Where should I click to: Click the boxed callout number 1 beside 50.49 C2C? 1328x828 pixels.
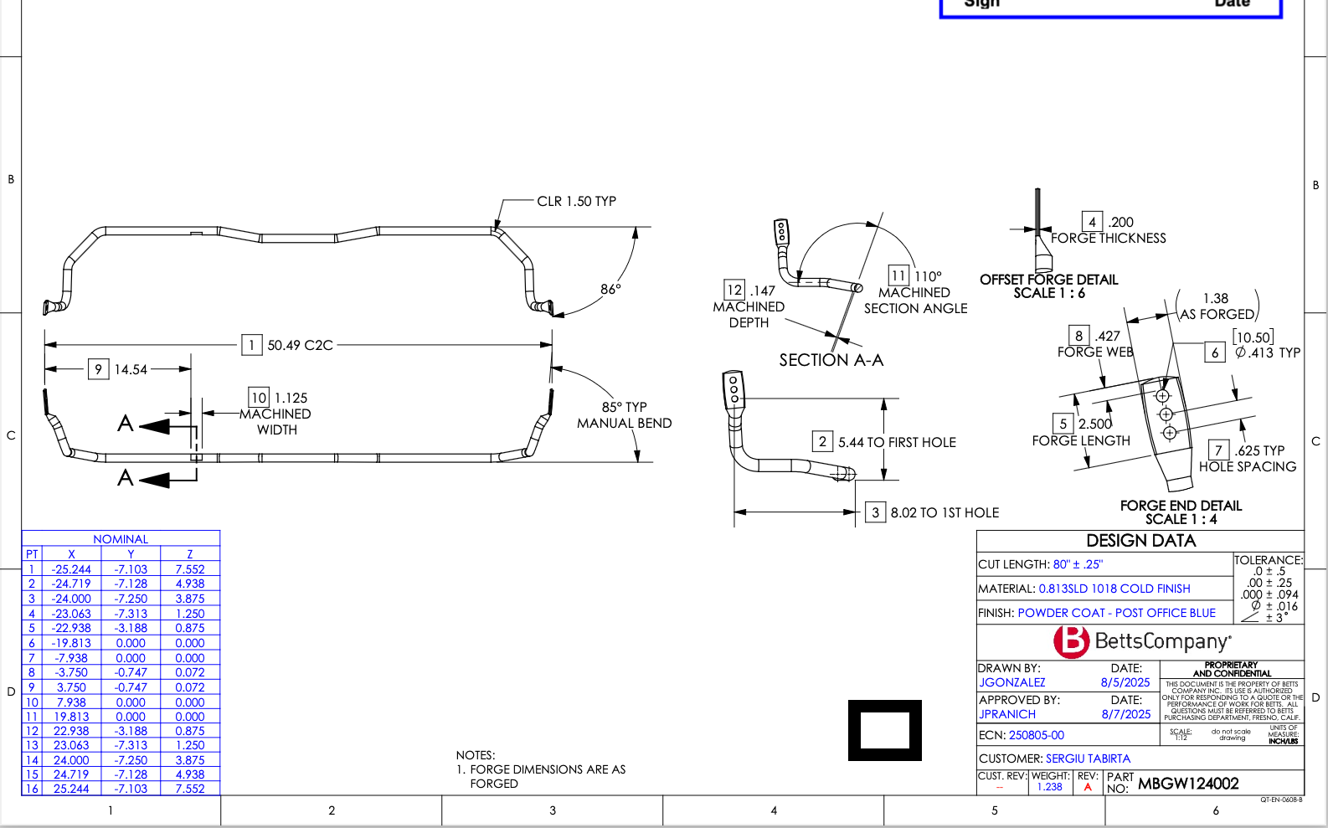[x=251, y=345]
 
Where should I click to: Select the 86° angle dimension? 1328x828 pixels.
[x=610, y=289]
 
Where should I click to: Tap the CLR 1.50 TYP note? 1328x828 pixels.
[x=576, y=201]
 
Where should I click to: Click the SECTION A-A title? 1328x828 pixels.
[x=831, y=360]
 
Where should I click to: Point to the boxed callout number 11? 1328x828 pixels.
[x=898, y=275]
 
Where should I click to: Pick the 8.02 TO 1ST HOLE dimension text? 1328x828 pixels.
[x=945, y=512]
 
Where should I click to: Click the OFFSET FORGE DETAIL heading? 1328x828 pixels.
[x=1048, y=280]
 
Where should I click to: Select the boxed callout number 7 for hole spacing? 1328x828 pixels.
[x=1218, y=450]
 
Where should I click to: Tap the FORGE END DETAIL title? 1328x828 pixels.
[x=1181, y=506]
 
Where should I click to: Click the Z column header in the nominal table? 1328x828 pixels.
[x=190, y=554]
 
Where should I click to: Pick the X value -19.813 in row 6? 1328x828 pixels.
[x=71, y=643]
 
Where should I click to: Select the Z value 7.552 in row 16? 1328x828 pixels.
[x=190, y=789]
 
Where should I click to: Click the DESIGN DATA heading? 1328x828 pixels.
[x=1140, y=541]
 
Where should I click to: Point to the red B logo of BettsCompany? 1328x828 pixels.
[x=1071, y=641]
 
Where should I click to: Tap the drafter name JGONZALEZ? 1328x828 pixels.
[x=1011, y=682]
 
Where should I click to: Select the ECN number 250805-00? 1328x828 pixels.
[x=1036, y=735]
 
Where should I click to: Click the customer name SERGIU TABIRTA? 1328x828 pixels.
[x=1088, y=759]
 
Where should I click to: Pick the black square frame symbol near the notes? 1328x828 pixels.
[x=884, y=730]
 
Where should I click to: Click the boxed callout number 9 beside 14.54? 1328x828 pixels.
[x=98, y=369]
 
